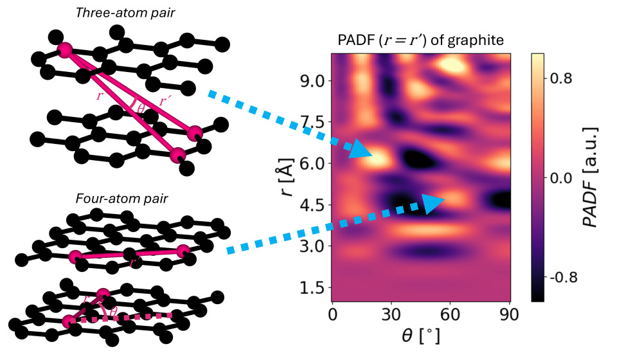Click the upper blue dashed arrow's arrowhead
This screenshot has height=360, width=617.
pos(362,151)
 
